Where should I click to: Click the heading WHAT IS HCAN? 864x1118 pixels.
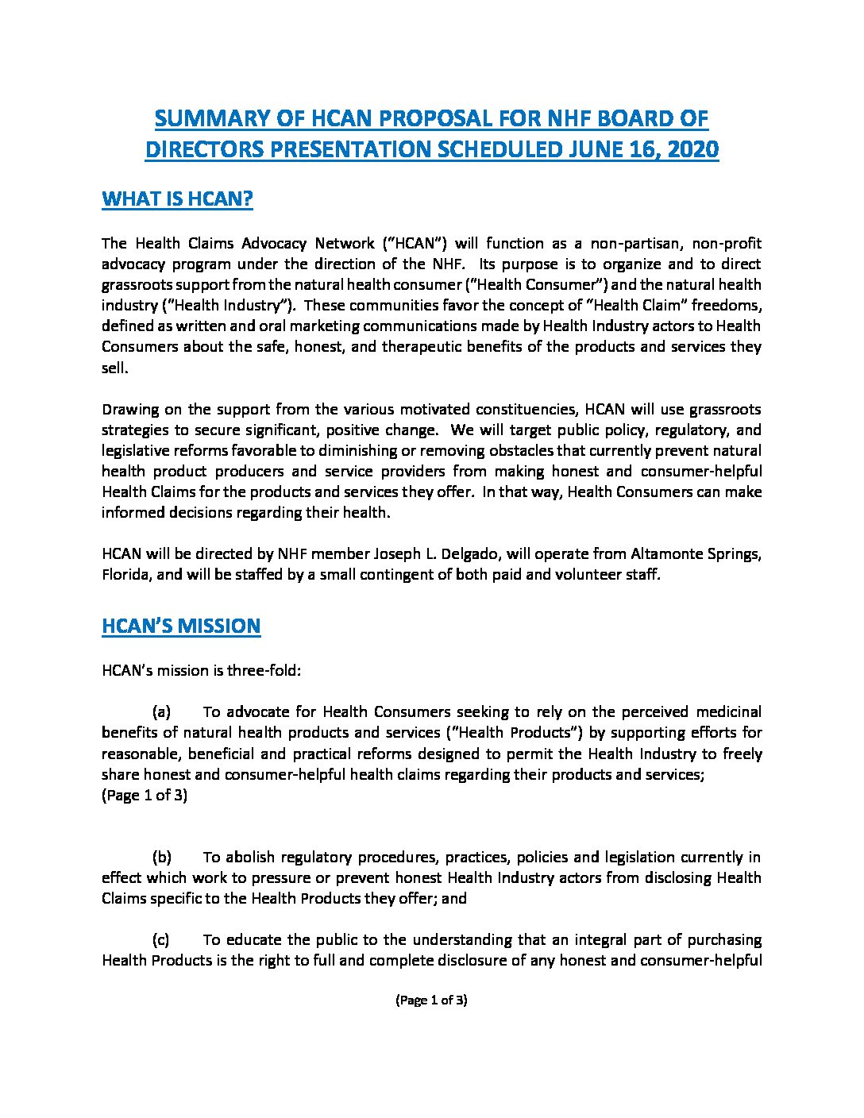point(177,199)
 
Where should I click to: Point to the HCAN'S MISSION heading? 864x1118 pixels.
point(181,626)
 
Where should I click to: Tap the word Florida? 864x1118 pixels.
point(125,574)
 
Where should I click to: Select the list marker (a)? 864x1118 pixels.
point(161,711)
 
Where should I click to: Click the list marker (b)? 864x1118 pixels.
point(161,857)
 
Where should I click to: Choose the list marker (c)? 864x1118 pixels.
point(161,939)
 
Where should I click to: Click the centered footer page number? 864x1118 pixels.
point(431,1000)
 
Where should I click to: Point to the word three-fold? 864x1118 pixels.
point(262,670)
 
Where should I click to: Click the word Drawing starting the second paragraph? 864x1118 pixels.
point(129,410)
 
